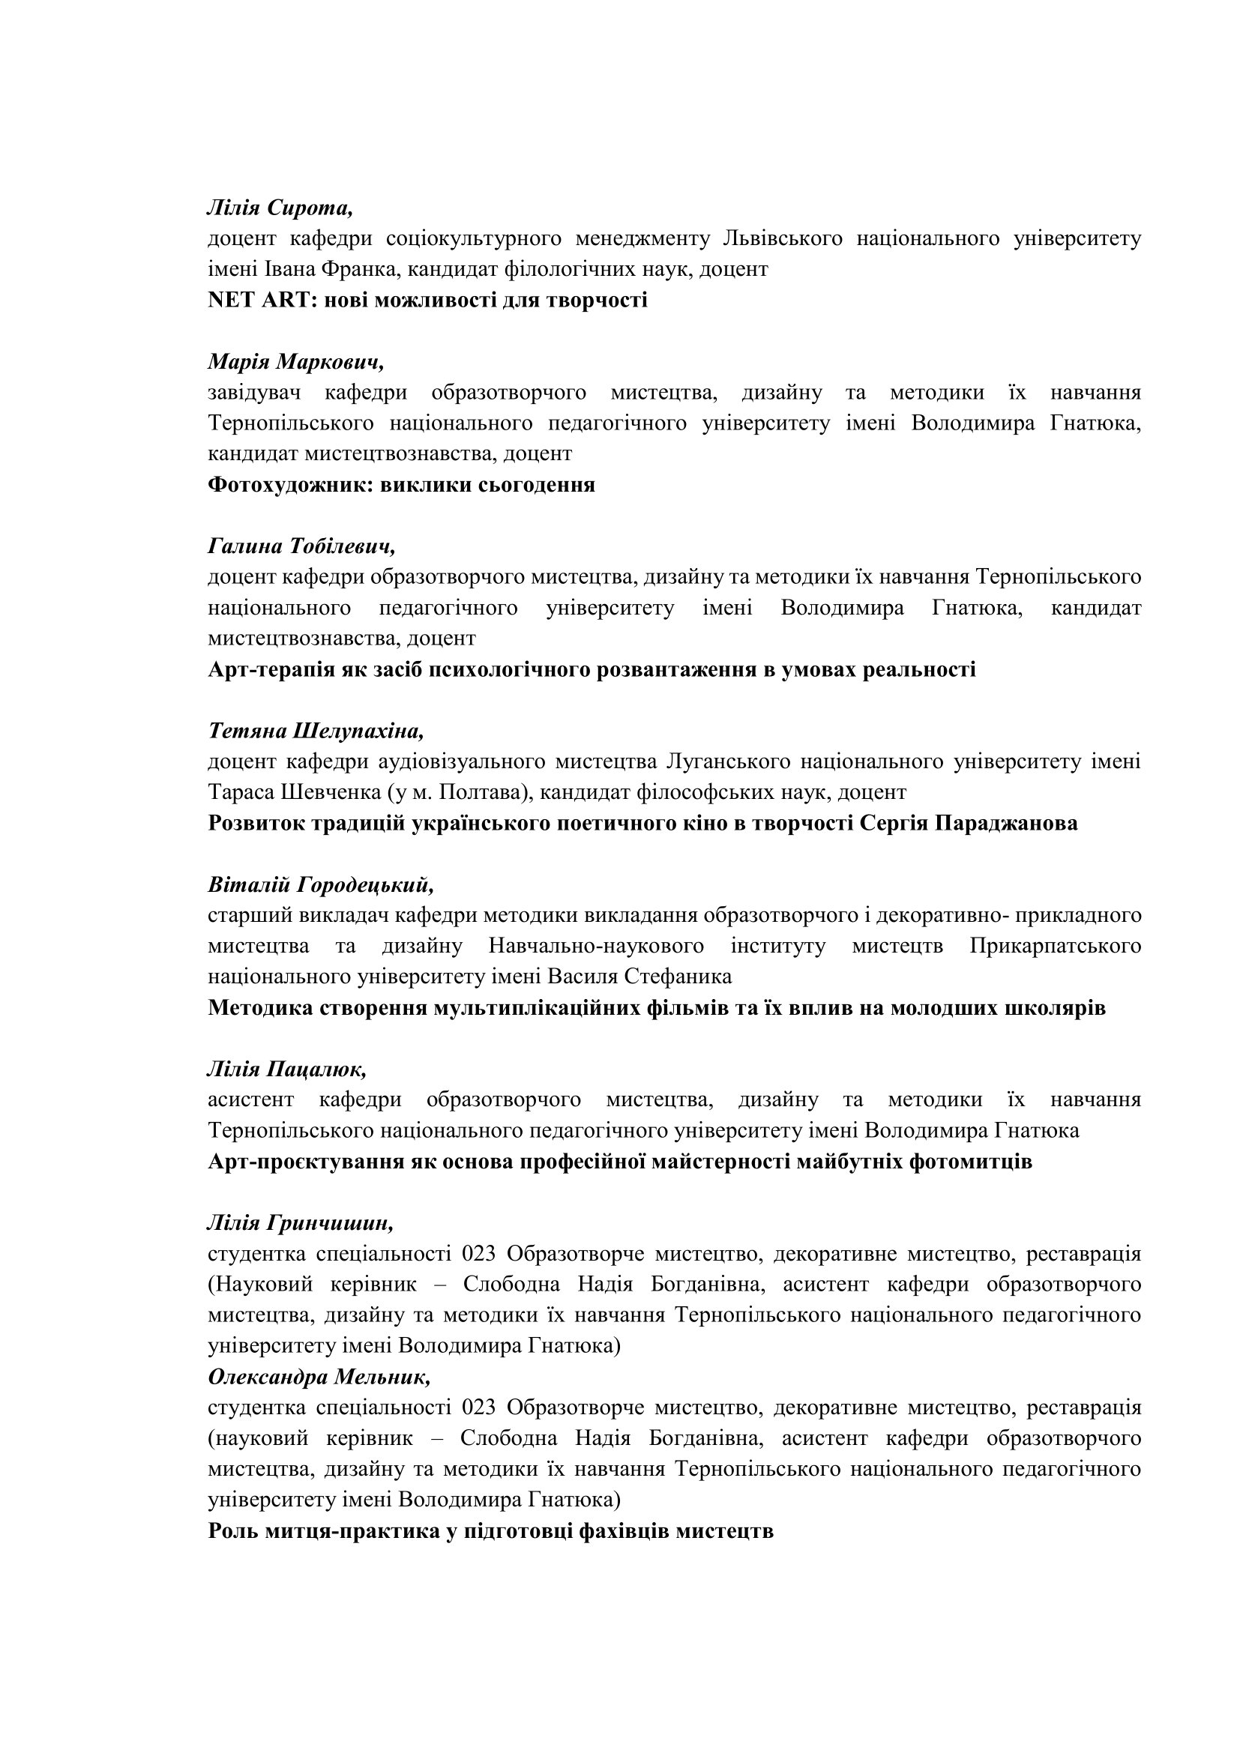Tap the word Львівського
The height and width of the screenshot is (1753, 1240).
(782, 238)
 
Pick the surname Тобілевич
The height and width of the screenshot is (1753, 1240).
(343, 546)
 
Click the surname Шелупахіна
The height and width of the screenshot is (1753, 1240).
(358, 731)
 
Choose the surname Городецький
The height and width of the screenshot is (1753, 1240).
(365, 885)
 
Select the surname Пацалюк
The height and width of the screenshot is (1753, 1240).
(317, 1069)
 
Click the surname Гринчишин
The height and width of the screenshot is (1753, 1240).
(331, 1223)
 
